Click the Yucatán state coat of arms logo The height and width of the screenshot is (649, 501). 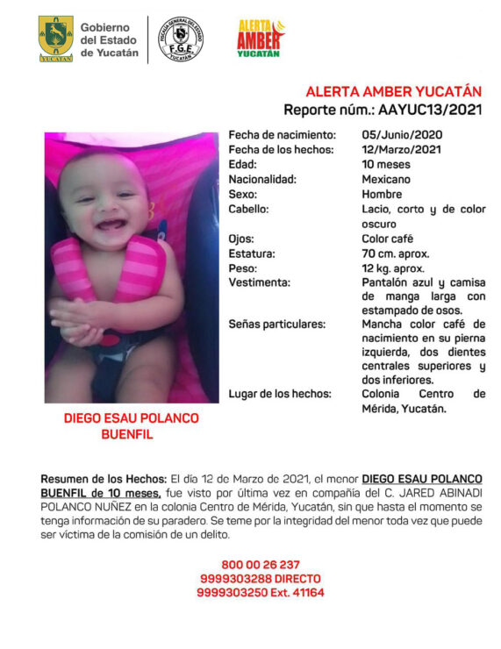point(55,39)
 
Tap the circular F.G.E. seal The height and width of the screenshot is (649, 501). point(180,39)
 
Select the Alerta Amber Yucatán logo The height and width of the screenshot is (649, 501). point(261,39)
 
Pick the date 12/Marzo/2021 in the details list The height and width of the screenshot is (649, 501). point(402,150)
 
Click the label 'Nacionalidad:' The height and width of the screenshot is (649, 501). point(262,179)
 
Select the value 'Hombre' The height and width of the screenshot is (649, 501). point(382,194)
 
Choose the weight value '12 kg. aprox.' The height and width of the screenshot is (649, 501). point(393,267)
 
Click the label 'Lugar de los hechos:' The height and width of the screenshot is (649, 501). point(280,395)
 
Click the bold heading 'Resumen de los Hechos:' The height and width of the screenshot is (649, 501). point(104,479)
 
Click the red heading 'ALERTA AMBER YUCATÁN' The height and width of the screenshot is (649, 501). point(394,92)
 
